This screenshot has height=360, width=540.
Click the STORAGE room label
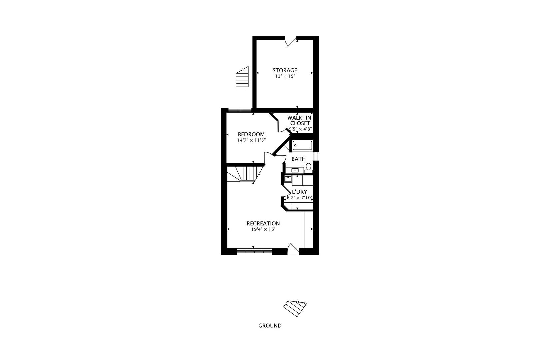(285, 70)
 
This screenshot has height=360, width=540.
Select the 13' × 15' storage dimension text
(285, 76)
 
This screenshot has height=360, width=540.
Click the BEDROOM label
(251, 134)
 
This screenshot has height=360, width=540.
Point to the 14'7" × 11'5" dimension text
(251, 140)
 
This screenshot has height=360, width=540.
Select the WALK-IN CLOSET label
(300, 120)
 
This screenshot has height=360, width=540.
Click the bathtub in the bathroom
(302, 146)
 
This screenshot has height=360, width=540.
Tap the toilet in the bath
(309, 167)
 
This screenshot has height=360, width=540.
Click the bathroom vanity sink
(295, 170)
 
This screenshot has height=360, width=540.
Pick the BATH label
(298, 159)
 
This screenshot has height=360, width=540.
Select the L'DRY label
(299, 192)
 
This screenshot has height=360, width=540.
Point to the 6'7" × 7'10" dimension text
(299, 198)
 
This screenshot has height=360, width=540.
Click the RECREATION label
(263, 223)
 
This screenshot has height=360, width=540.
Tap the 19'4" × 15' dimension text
(263, 229)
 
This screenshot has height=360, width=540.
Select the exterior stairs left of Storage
(242, 77)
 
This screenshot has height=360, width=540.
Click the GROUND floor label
(270, 326)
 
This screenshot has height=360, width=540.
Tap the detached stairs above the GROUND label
(295, 308)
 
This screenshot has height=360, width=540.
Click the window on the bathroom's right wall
(316, 156)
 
